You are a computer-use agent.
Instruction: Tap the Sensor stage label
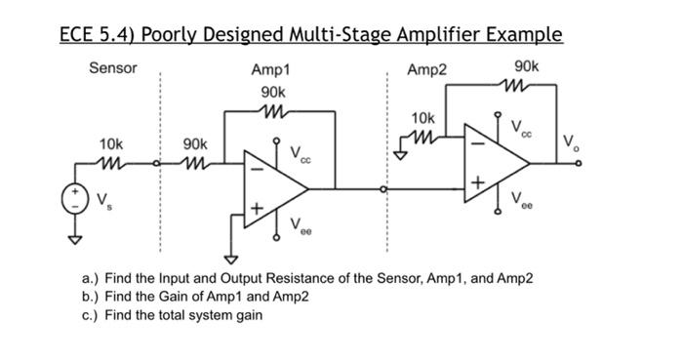[x=113, y=68]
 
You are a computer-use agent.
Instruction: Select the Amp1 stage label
[x=270, y=69]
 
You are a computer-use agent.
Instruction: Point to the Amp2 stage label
[x=426, y=69]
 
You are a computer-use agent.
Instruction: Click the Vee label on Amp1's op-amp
[x=301, y=226]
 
